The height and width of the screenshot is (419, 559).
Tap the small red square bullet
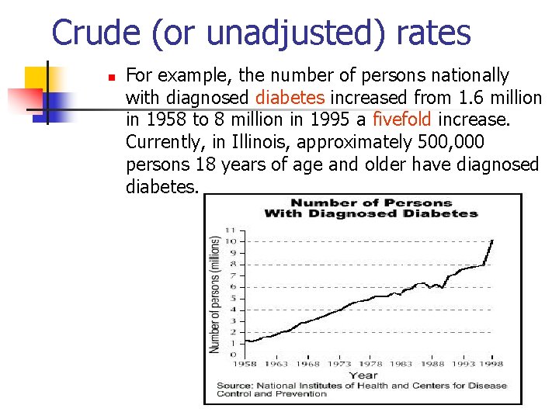[x=111, y=78]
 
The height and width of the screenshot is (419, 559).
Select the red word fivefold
[x=403, y=120]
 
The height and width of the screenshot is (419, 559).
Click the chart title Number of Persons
[x=371, y=203]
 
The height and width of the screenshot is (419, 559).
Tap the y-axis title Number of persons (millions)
[x=215, y=295]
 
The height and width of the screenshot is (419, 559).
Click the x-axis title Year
[x=363, y=375]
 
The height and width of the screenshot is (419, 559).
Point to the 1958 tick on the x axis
[x=245, y=364]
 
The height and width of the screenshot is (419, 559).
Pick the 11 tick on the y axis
[x=231, y=230]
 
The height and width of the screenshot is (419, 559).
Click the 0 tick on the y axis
[x=231, y=355]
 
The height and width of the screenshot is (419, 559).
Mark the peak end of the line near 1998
[x=492, y=241]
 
